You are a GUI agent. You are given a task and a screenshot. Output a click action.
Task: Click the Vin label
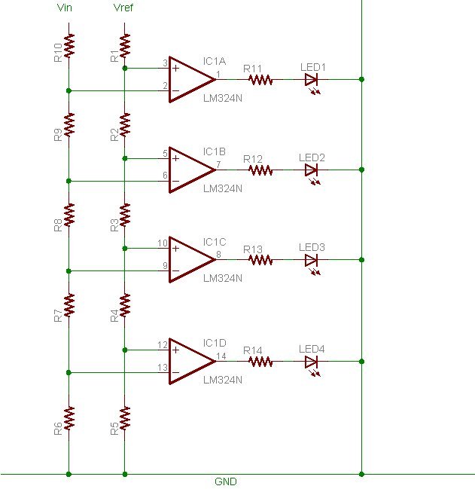(x=65, y=8)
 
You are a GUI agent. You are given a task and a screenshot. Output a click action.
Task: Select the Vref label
(x=123, y=8)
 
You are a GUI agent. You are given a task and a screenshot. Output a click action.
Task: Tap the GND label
(x=226, y=481)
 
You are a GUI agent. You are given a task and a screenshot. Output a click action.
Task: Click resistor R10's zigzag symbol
(x=69, y=46)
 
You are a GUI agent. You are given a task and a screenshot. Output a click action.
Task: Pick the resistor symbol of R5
(x=125, y=418)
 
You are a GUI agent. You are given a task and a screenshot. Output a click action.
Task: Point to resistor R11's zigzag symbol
(x=260, y=80)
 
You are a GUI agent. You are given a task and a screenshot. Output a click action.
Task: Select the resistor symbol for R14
(x=260, y=362)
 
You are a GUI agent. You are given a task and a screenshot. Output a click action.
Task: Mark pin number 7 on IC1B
(x=218, y=164)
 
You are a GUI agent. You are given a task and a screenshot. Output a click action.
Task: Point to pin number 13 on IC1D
(x=163, y=368)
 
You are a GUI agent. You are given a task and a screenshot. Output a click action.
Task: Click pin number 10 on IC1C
(x=163, y=243)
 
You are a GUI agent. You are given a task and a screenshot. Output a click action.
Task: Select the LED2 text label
(x=312, y=157)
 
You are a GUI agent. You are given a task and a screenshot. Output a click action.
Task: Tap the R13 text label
(x=253, y=249)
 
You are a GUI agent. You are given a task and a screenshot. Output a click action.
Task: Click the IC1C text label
(x=215, y=242)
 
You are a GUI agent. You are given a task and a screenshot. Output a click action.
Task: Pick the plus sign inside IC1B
(x=175, y=158)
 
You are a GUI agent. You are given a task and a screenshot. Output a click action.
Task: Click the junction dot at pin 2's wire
(x=69, y=90)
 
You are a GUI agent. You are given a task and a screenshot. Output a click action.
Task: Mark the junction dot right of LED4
(x=361, y=362)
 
